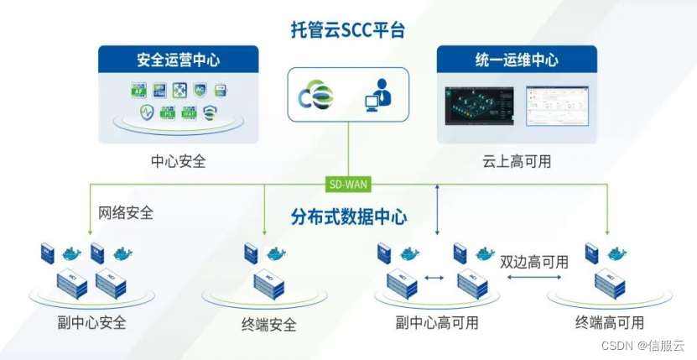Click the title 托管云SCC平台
[348, 31]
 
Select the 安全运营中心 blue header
[179, 60]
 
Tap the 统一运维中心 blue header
[517, 60]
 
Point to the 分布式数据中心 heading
[349, 217]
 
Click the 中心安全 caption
[178, 161]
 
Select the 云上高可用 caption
[517, 161]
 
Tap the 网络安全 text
[126, 212]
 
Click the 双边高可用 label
[534, 262]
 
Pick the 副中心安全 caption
[92, 322]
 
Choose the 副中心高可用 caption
[437, 322]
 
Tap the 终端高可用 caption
[610, 322]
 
